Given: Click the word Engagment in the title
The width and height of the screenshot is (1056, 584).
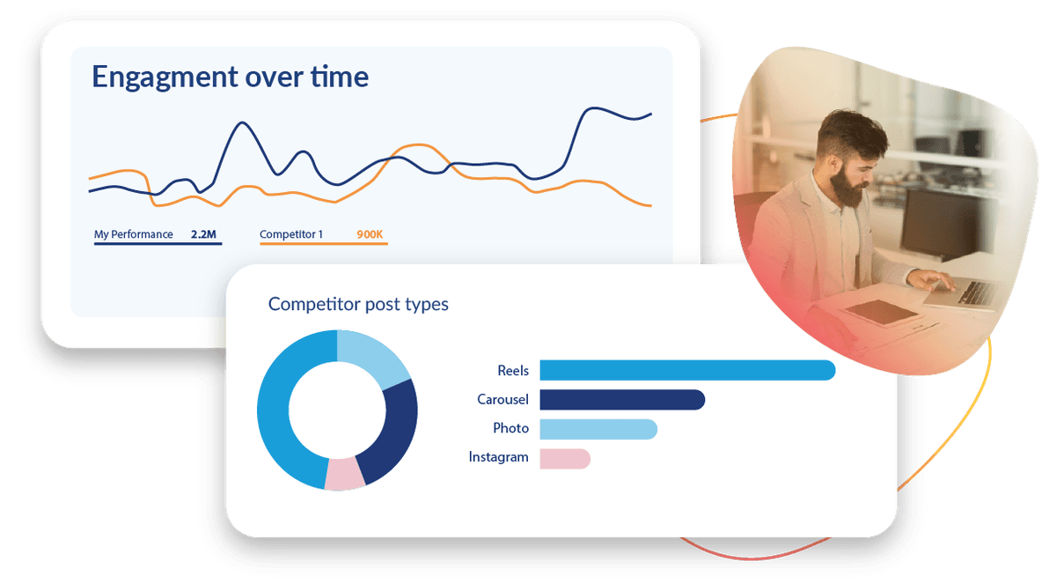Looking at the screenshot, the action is pos(165,78).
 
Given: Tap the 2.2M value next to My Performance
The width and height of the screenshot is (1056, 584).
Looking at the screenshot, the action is pos(203,234).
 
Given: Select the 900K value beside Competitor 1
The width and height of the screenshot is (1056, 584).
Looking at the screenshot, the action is pos(370,234).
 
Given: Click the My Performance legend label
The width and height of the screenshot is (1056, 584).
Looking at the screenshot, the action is pos(134,234).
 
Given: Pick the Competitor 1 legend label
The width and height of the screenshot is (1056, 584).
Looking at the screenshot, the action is pos(291,234).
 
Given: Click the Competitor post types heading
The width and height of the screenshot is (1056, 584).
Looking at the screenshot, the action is pos(358,304).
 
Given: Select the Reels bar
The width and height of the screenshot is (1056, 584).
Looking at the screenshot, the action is pos(687,370).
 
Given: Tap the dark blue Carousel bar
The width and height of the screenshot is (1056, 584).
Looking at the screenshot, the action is pos(622,400).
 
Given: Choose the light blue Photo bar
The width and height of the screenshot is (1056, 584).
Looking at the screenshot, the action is pos(598,429).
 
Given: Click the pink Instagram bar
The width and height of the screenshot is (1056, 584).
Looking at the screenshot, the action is pos(565,459).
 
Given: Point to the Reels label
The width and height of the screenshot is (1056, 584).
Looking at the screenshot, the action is pos(513,371).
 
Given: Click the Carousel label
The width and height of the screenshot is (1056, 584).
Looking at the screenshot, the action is pos(502,400).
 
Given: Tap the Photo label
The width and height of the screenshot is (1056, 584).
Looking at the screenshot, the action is pos(510,428).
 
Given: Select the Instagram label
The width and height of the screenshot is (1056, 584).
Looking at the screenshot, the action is pos(498,457).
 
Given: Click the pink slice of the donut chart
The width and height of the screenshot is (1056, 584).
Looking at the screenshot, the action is pos(345,474).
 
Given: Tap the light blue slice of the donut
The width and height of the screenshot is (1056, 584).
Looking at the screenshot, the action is pos(372,355).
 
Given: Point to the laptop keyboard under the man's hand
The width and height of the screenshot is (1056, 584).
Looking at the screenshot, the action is pos(976,292).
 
